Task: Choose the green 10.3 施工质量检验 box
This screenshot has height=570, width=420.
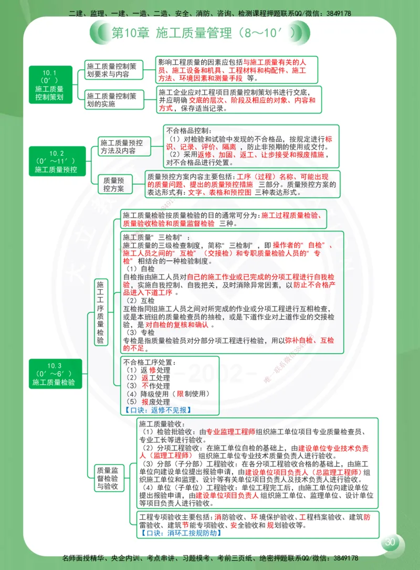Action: click(54, 374)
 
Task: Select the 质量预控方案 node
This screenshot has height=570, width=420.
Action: click(114, 184)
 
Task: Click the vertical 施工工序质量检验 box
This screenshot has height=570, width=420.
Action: click(100, 312)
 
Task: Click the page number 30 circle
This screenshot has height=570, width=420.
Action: click(390, 542)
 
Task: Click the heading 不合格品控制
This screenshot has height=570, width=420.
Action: click(188, 130)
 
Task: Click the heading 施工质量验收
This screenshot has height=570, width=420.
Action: click(160, 424)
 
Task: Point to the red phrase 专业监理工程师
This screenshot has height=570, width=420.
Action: click(230, 431)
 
